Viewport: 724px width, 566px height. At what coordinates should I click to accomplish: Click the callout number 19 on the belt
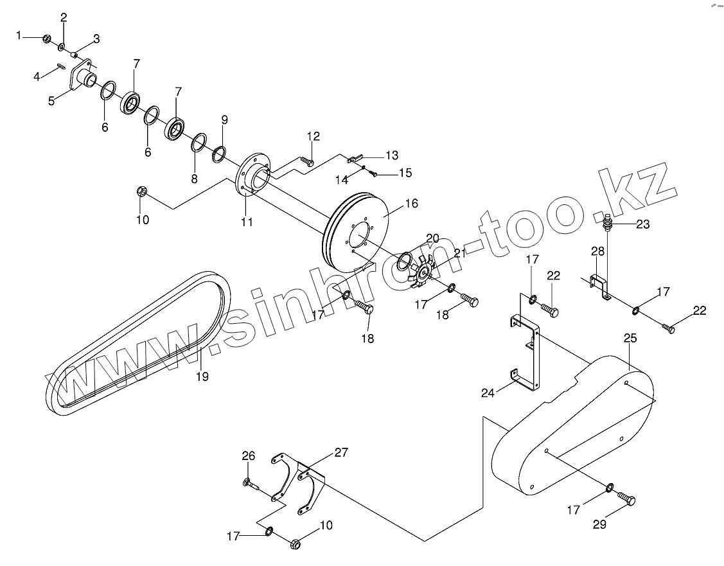[x=202, y=376]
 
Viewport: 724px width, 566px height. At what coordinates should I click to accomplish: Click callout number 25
[x=630, y=337]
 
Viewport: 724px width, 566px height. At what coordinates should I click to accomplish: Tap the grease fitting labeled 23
[x=607, y=224]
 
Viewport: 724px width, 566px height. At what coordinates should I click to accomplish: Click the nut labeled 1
[x=47, y=40]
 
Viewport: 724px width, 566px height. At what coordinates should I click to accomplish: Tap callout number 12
[x=313, y=136]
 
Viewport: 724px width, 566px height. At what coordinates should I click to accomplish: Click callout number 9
[x=224, y=119]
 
